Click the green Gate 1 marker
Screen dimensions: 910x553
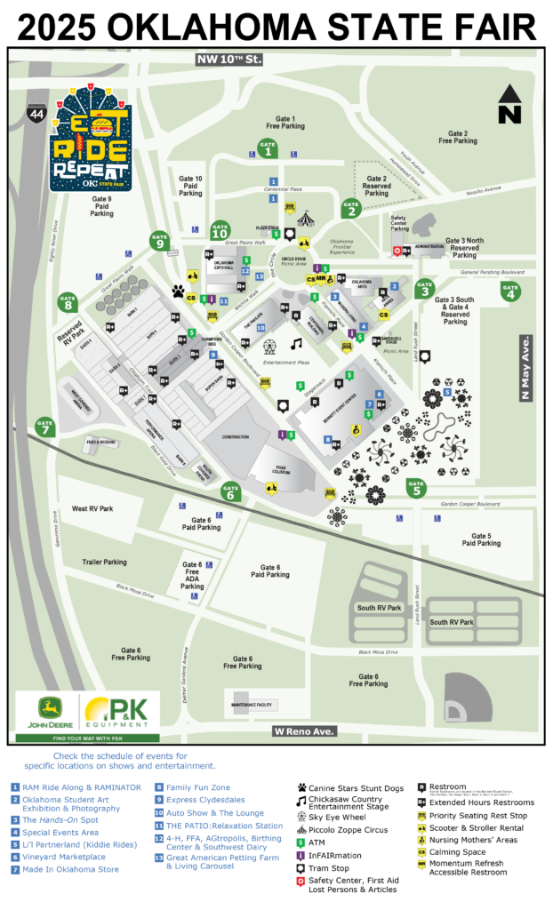tap(267, 149)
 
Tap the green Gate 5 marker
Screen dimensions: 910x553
tap(415, 486)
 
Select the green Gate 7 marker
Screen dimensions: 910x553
tap(44, 427)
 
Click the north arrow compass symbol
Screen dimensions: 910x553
tap(509, 104)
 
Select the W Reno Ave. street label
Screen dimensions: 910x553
tap(303, 730)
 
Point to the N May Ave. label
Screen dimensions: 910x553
tap(525, 368)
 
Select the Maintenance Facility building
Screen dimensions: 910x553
tap(256, 702)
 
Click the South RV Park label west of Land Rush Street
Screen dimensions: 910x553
tap(379, 608)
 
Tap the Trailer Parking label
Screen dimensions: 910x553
tap(104, 562)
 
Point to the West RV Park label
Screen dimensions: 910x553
tap(92, 508)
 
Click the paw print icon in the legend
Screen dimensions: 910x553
tap(302, 786)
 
